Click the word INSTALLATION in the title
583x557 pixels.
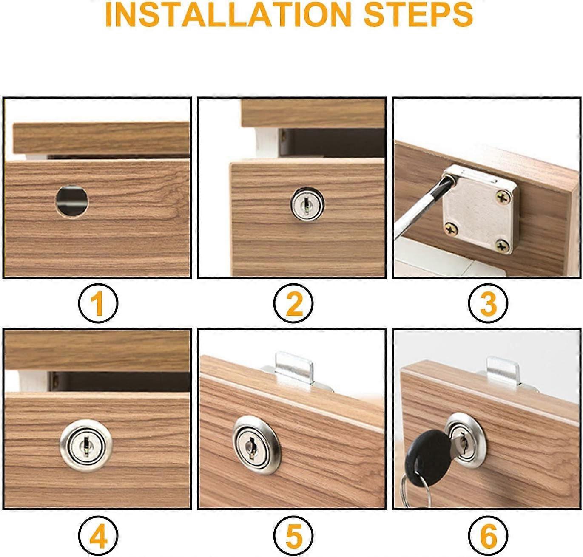click(x=228, y=14)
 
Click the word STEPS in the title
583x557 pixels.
click(x=418, y=14)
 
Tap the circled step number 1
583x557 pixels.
click(x=98, y=303)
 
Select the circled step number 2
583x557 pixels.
click(x=293, y=303)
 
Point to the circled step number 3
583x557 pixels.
click(x=488, y=303)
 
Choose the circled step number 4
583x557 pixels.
click(x=98, y=535)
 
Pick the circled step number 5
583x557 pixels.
click(x=293, y=535)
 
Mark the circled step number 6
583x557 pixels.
click(x=488, y=535)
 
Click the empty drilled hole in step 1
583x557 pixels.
click(x=72, y=201)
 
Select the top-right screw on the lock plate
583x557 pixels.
click(x=503, y=197)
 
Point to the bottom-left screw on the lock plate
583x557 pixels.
click(x=451, y=229)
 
